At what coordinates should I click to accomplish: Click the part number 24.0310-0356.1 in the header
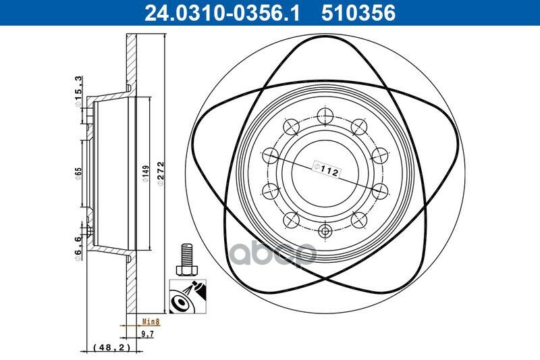point(222,13)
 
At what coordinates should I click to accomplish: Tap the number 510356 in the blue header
point(358,13)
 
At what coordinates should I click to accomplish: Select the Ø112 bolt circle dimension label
point(326,169)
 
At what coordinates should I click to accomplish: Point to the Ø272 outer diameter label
point(161,174)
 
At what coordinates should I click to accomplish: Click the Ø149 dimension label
point(146,174)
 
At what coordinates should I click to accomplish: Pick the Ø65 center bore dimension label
point(78,174)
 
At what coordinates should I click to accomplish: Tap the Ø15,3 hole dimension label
point(78,91)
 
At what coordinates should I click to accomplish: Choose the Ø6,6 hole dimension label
point(78,248)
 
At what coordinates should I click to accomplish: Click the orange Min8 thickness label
point(151,322)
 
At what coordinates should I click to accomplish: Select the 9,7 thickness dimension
point(148,334)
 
